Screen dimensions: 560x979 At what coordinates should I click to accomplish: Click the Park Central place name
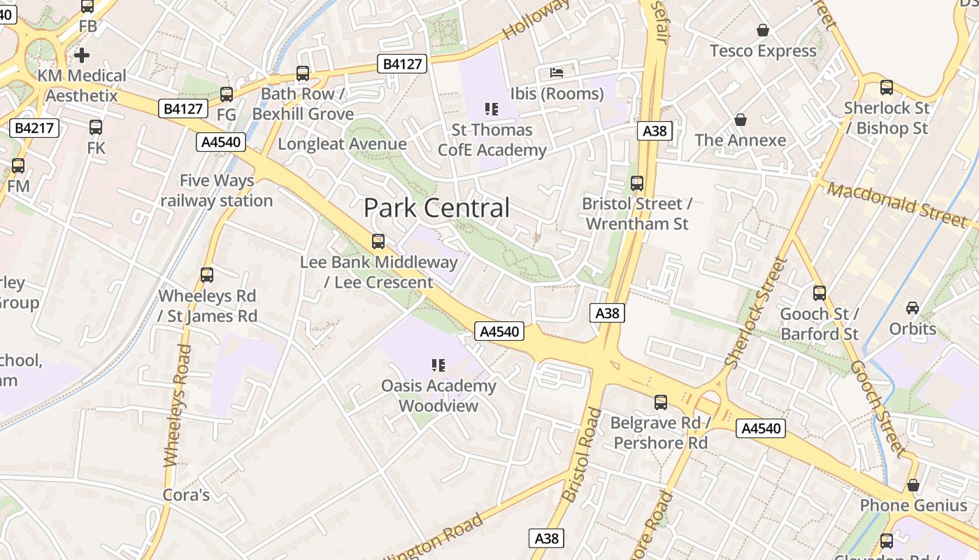[436, 208]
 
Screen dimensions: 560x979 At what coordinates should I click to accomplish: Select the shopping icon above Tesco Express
[762, 30]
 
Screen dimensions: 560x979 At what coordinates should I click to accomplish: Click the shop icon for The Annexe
[741, 120]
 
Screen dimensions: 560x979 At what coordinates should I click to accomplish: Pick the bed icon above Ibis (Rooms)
[557, 72]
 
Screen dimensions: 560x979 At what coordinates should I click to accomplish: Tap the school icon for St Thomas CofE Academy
[492, 108]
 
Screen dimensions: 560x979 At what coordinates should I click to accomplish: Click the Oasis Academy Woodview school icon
[438, 365]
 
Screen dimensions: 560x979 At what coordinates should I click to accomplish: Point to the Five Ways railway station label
[217, 190]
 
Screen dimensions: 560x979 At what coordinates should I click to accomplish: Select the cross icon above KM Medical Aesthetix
[82, 55]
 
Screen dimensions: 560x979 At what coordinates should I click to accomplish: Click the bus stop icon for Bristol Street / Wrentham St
[637, 183]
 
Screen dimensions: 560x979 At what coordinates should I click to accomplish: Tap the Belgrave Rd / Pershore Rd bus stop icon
[661, 402]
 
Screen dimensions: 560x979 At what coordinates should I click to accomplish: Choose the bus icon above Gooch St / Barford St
[820, 293]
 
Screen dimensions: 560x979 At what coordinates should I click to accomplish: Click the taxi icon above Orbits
[913, 308]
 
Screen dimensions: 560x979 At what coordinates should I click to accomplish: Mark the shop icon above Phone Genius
[913, 485]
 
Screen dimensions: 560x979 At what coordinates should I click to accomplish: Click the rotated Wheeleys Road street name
[176, 406]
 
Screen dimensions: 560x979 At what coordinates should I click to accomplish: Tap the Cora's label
[186, 495]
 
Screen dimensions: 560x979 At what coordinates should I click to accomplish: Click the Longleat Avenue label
[342, 144]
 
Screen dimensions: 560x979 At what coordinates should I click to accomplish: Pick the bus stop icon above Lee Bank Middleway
[378, 241]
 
